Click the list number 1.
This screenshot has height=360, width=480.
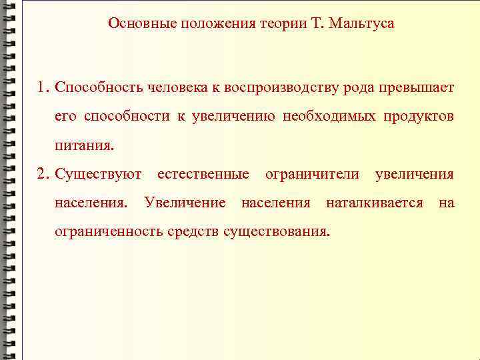tap(43, 87)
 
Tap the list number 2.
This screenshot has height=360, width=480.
tap(43, 174)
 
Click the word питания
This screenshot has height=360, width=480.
tap(84, 145)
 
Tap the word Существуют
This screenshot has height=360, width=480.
tap(98, 174)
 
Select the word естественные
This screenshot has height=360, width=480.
tap(203, 174)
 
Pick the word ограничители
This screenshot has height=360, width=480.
tap(312, 174)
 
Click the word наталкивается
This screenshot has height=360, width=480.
tap(374, 203)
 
